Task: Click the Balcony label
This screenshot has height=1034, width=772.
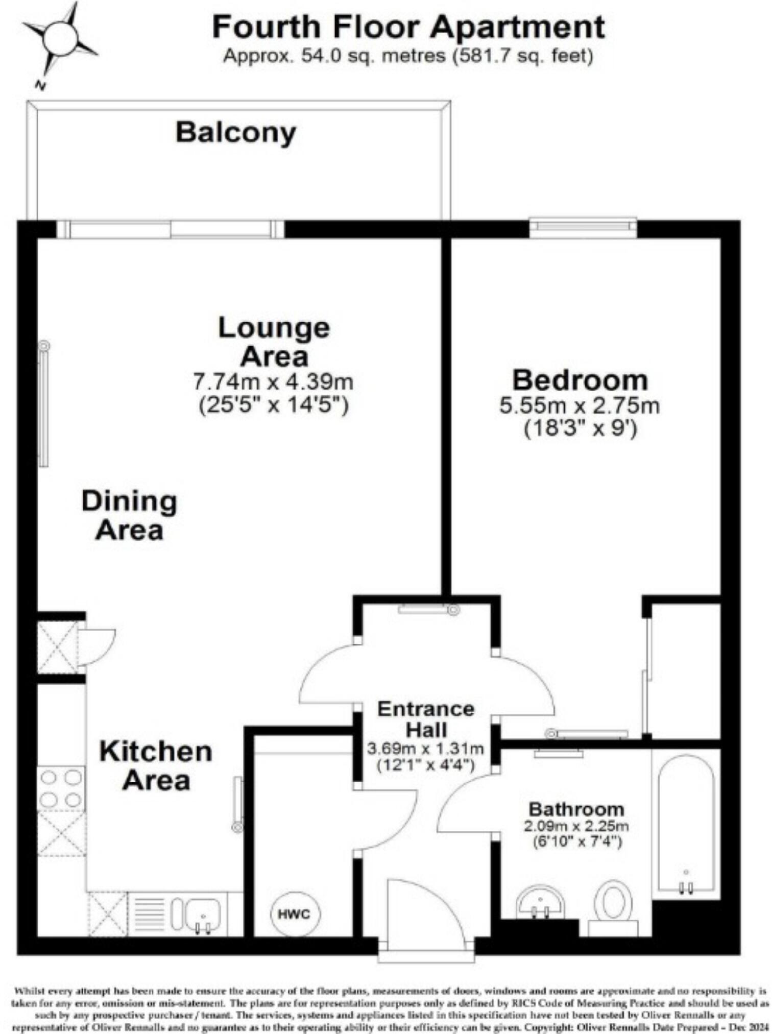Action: pyautogui.click(x=236, y=133)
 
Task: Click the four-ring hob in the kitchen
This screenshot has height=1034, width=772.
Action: pyautogui.click(x=61, y=789)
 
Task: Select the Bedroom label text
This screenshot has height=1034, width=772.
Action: pyautogui.click(x=580, y=380)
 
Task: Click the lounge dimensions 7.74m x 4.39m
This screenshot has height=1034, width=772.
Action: pyautogui.click(x=273, y=381)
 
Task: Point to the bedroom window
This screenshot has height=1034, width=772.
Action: pyautogui.click(x=583, y=228)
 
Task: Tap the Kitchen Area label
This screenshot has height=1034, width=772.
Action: pyautogui.click(x=156, y=766)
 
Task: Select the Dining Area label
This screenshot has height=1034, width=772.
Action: pyautogui.click(x=129, y=516)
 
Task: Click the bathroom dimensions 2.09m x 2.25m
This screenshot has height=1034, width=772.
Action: pyautogui.click(x=576, y=826)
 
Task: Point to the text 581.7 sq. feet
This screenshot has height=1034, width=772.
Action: pyautogui.click(x=523, y=56)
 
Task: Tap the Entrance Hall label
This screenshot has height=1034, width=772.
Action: pyautogui.click(x=426, y=719)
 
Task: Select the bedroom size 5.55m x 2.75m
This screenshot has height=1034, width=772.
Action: pyautogui.click(x=580, y=406)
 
